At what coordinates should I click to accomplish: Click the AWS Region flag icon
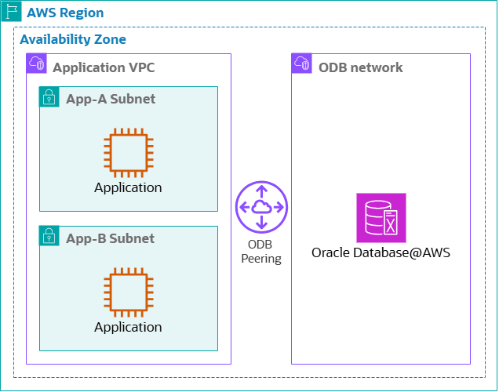pyautogui.click(x=11, y=13)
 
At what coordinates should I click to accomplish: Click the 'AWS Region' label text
pyautogui.click(x=65, y=13)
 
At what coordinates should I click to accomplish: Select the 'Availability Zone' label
pyautogui.click(x=72, y=39)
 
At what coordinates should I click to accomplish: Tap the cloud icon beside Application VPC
pyautogui.click(x=36, y=64)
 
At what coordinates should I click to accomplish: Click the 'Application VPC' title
pyautogui.click(x=104, y=67)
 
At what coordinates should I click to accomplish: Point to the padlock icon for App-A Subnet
pyautogui.click(x=49, y=96)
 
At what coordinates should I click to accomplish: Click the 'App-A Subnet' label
pyautogui.click(x=111, y=99)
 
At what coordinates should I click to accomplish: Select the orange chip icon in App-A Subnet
pyautogui.click(x=128, y=152)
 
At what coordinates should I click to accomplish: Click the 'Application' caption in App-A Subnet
pyautogui.click(x=128, y=187)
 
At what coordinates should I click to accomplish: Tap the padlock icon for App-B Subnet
pyautogui.click(x=49, y=235)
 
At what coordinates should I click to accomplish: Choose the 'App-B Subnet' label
pyautogui.click(x=111, y=238)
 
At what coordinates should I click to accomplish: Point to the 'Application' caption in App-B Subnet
pyautogui.click(x=128, y=327)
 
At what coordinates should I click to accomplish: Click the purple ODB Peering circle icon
pyautogui.click(x=261, y=207)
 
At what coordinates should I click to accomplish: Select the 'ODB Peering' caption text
pyautogui.click(x=261, y=251)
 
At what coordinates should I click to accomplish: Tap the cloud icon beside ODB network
pyautogui.click(x=301, y=64)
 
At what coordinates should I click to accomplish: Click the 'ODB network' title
pyautogui.click(x=360, y=67)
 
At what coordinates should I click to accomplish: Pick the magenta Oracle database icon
pyautogui.click(x=381, y=217)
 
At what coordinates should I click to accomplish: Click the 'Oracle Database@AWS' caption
pyautogui.click(x=381, y=252)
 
